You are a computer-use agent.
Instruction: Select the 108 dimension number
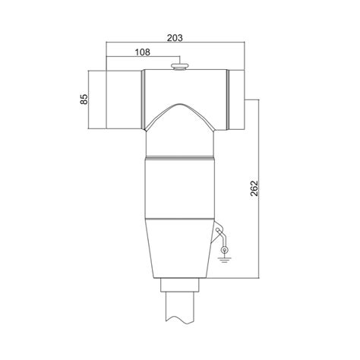click(142, 52)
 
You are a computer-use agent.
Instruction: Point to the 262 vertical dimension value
click(254, 188)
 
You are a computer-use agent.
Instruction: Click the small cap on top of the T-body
click(180, 68)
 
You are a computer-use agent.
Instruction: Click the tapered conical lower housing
click(180, 247)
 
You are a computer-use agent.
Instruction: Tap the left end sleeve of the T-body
click(122, 99)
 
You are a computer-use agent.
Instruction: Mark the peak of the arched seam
click(180, 103)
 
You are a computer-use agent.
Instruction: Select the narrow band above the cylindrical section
click(180, 159)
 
